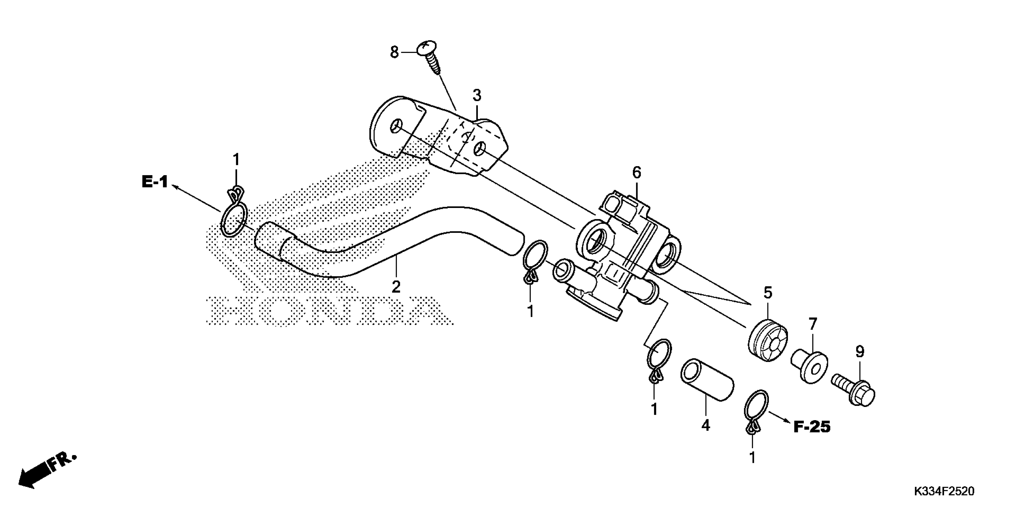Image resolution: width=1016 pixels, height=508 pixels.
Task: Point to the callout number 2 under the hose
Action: pyautogui.click(x=396, y=287)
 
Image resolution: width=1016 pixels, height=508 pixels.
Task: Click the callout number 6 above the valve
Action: pyautogui.click(x=636, y=172)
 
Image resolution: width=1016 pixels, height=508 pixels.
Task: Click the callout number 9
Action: pyautogui.click(x=860, y=351)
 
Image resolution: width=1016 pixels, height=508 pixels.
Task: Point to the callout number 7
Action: pyautogui.click(x=813, y=324)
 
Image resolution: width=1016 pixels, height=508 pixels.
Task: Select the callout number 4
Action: pyautogui.click(x=706, y=425)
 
